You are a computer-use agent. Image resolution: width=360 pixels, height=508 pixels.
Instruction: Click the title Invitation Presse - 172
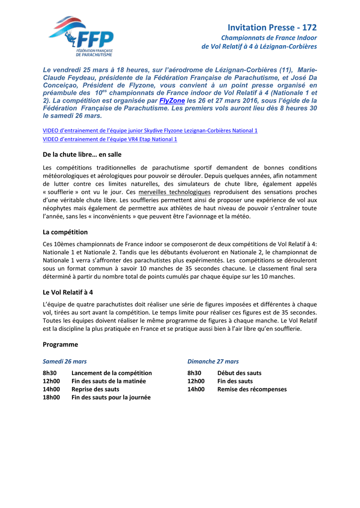pyautogui.click(x=272, y=28)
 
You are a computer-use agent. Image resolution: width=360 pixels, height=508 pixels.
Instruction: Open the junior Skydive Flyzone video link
pyautogui.click(x=150, y=130)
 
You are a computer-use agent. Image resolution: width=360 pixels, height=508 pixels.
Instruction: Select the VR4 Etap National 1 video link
pyautogui.click(x=110, y=139)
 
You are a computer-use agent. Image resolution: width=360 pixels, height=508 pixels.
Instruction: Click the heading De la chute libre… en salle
pyautogui.click(x=82, y=155)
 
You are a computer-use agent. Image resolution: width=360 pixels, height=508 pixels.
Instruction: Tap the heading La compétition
pyautogui.click(x=65, y=232)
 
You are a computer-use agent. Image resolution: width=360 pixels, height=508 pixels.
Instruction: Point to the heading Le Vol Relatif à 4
pyautogui.click(x=68, y=292)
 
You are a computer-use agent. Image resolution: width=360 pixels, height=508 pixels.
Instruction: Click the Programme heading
pyautogui.click(x=60, y=344)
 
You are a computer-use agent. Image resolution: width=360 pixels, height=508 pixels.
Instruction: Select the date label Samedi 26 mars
pyautogui.click(x=65, y=362)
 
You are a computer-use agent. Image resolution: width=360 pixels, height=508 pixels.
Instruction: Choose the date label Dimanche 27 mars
pyautogui.click(x=213, y=362)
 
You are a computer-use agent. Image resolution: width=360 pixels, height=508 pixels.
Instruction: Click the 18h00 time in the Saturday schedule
pyautogui.click(x=51, y=397)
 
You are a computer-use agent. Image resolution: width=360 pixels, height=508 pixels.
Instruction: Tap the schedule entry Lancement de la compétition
pyautogui.click(x=112, y=373)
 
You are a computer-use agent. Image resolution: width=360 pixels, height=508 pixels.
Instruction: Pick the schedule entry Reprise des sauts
pyautogui.click(x=95, y=389)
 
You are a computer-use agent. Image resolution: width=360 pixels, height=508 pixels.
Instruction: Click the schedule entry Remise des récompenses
pyautogui.click(x=252, y=389)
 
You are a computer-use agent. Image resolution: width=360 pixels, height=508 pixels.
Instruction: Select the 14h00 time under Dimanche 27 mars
pyautogui.click(x=196, y=389)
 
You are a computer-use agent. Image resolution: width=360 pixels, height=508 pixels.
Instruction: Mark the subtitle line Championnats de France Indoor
pyautogui.click(x=269, y=38)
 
